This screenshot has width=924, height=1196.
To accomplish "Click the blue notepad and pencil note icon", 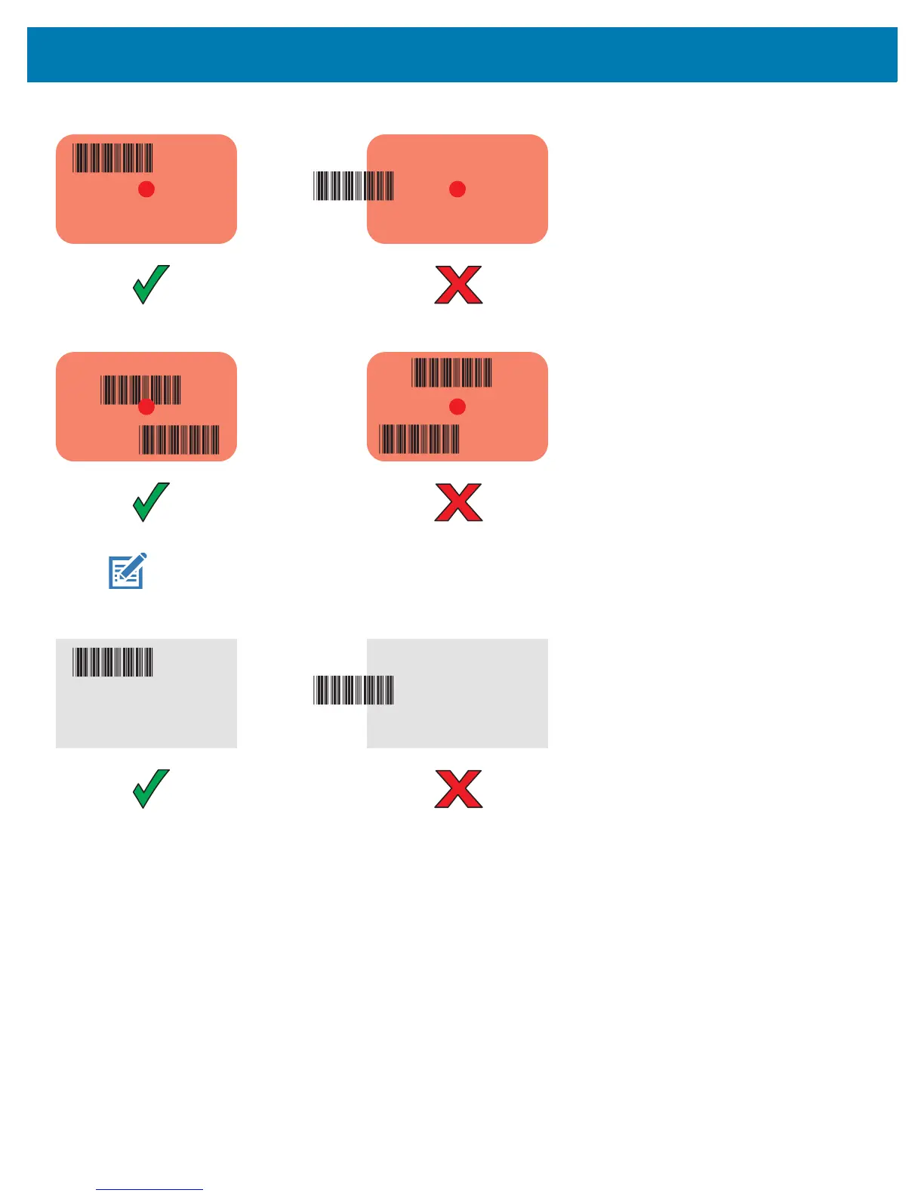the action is click(x=127, y=572).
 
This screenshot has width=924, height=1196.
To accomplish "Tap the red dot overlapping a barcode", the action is click(x=146, y=407).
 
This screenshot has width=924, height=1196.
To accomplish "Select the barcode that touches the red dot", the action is click(x=140, y=390).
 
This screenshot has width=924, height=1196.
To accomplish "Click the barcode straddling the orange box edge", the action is click(x=353, y=186).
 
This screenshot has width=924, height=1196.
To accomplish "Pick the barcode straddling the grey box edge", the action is click(x=353, y=690).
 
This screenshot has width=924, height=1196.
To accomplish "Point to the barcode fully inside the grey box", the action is click(x=112, y=662).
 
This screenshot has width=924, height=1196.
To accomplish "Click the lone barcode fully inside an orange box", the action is click(x=112, y=158).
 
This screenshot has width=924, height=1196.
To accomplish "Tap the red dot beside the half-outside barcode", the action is click(x=457, y=190).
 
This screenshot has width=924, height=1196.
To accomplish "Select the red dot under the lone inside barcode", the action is click(x=146, y=190).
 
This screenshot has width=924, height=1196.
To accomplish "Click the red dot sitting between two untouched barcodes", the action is click(x=457, y=407).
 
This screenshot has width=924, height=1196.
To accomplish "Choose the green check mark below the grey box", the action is click(x=151, y=789).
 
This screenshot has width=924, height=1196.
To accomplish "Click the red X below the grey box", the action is click(x=458, y=790).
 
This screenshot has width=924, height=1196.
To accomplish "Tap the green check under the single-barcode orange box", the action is click(x=151, y=285).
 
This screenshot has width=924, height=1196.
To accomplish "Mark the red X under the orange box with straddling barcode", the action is click(x=458, y=285).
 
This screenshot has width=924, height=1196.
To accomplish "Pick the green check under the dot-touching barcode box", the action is click(x=151, y=502).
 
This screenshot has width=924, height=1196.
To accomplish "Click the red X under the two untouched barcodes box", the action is click(x=458, y=503).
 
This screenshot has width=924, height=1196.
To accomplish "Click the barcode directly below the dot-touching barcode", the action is click(x=180, y=439).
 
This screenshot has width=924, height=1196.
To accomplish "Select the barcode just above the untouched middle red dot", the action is click(x=451, y=373).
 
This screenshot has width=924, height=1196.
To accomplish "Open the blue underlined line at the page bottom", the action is click(x=149, y=1189).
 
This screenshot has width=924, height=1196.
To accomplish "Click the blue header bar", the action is click(x=462, y=54).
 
